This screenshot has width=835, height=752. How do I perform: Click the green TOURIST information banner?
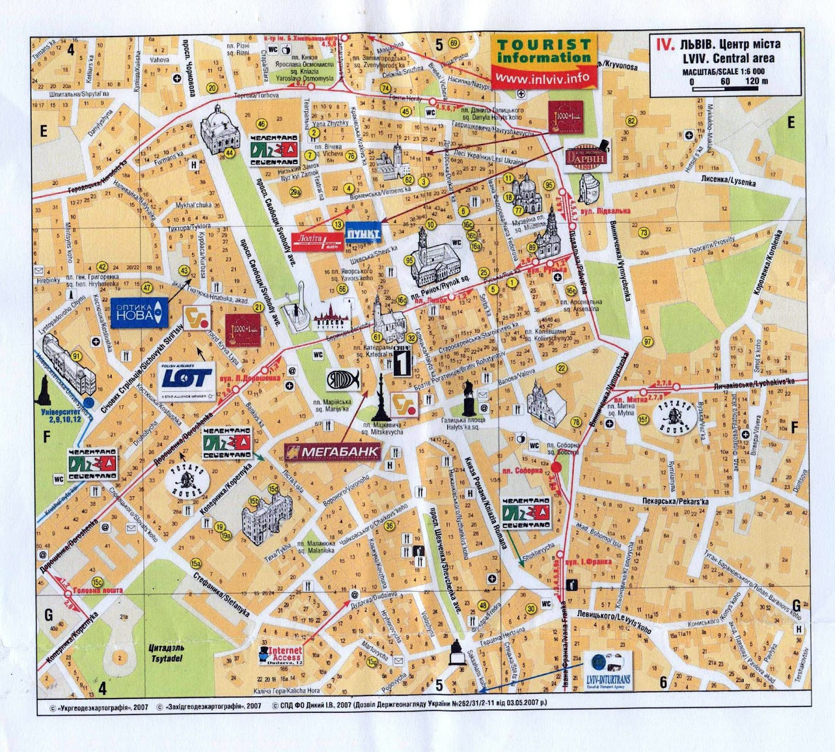pyautogui.click(x=543, y=51)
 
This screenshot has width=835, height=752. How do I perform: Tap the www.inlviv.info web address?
pyautogui.click(x=543, y=77)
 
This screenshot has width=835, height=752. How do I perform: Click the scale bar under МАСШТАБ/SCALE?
pyautogui.click(x=725, y=89)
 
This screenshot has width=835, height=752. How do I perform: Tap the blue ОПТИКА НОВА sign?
pyautogui.click(x=139, y=313)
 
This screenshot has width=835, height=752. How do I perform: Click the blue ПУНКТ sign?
pyautogui.click(x=363, y=234)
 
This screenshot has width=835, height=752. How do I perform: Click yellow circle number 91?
pyautogui.click(x=77, y=357)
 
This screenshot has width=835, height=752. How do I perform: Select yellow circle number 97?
pyautogui.click(x=648, y=342)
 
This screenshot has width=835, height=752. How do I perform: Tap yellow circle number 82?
pyautogui.click(x=631, y=121)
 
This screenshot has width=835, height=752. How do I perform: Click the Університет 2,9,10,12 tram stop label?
pyautogui.click(x=62, y=415)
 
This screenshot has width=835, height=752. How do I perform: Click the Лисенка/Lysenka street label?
pyautogui.click(x=728, y=180)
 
